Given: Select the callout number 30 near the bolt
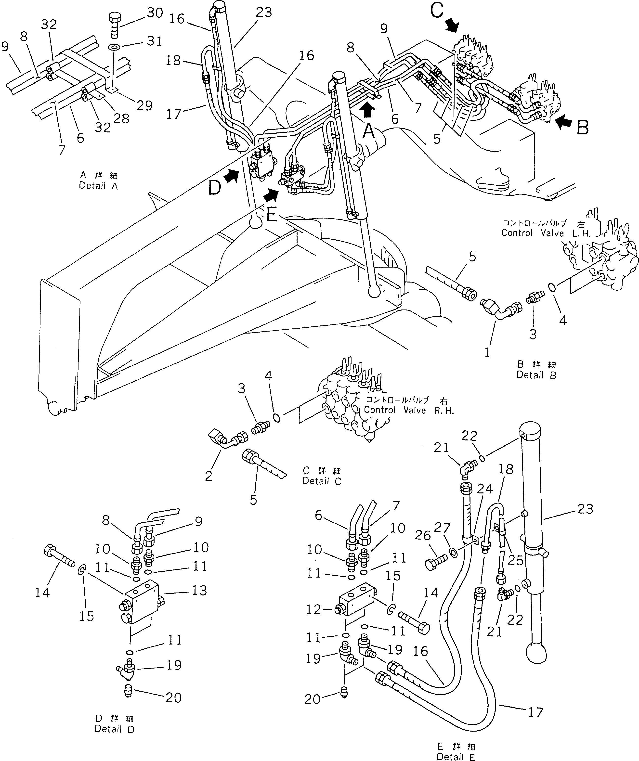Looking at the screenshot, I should (x=155, y=13).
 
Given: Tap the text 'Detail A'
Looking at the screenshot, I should (x=98, y=186).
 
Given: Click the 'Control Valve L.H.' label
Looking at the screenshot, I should (x=546, y=233).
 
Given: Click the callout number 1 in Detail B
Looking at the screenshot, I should (x=487, y=353).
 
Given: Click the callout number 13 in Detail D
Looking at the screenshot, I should (x=199, y=591).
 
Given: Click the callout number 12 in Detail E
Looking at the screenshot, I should (x=313, y=610).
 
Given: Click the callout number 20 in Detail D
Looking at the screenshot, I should (x=173, y=697).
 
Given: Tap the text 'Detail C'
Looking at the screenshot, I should (x=322, y=481).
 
